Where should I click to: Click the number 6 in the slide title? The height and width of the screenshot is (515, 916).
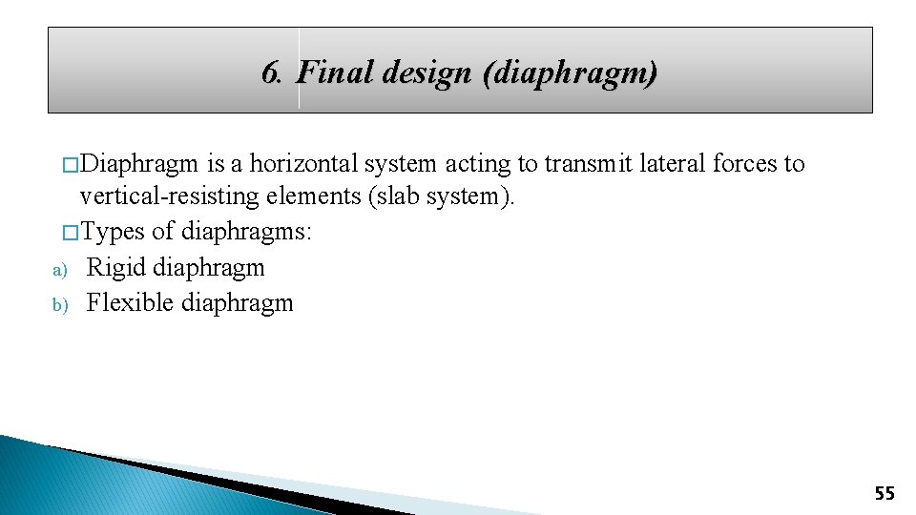[x=270, y=72]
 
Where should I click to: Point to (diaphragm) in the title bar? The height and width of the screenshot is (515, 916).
[x=570, y=73]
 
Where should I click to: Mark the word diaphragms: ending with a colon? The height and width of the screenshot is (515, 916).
[x=246, y=233]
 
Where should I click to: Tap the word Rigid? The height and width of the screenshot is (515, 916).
[x=115, y=268]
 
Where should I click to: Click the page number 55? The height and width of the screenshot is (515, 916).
[x=885, y=493]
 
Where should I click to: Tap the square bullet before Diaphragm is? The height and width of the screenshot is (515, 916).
[x=69, y=165]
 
